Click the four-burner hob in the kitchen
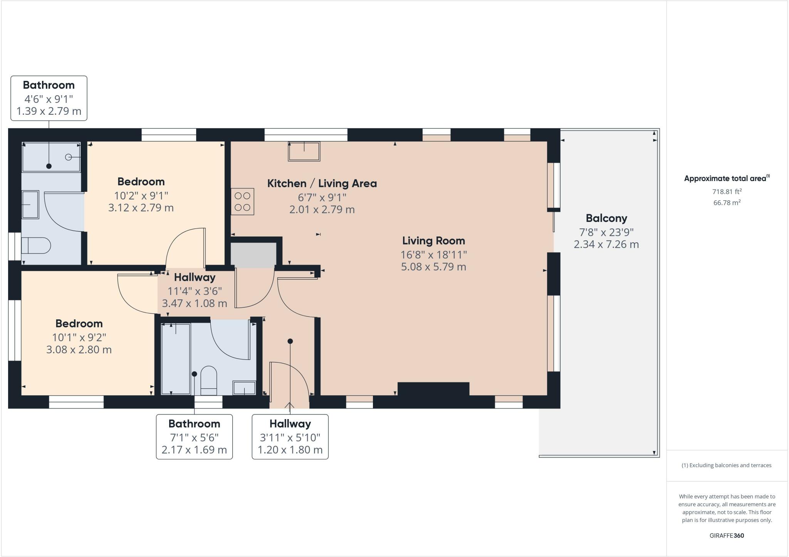coord(242,201)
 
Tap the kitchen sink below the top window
coord(304,151)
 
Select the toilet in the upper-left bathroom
coord(36,245)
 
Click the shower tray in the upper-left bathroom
coord(51,157)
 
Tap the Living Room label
coord(433,241)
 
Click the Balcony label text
coord(606,218)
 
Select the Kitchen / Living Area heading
coord(322,183)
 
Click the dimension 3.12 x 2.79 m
coord(141,208)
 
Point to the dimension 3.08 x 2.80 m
coord(79,350)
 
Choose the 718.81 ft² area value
coord(727,191)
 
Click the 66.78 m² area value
coord(727,203)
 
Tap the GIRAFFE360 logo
coord(727,535)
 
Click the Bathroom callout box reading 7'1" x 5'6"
coord(194,437)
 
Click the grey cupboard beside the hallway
coord(253,255)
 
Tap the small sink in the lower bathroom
coord(244,388)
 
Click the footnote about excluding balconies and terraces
coord(727,465)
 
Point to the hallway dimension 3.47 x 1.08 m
coord(194,304)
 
